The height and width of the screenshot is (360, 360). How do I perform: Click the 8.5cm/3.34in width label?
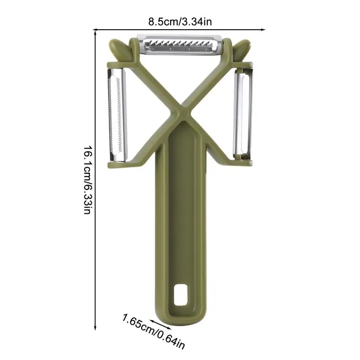pyautogui.click(x=180, y=22)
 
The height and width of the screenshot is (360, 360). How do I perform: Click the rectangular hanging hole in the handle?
pyautogui.click(x=181, y=295)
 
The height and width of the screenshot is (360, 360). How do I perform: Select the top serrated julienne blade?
pyautogui.click(x=180, y=44)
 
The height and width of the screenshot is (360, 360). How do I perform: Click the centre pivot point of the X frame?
pyautogui.click(x=183, y=113)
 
